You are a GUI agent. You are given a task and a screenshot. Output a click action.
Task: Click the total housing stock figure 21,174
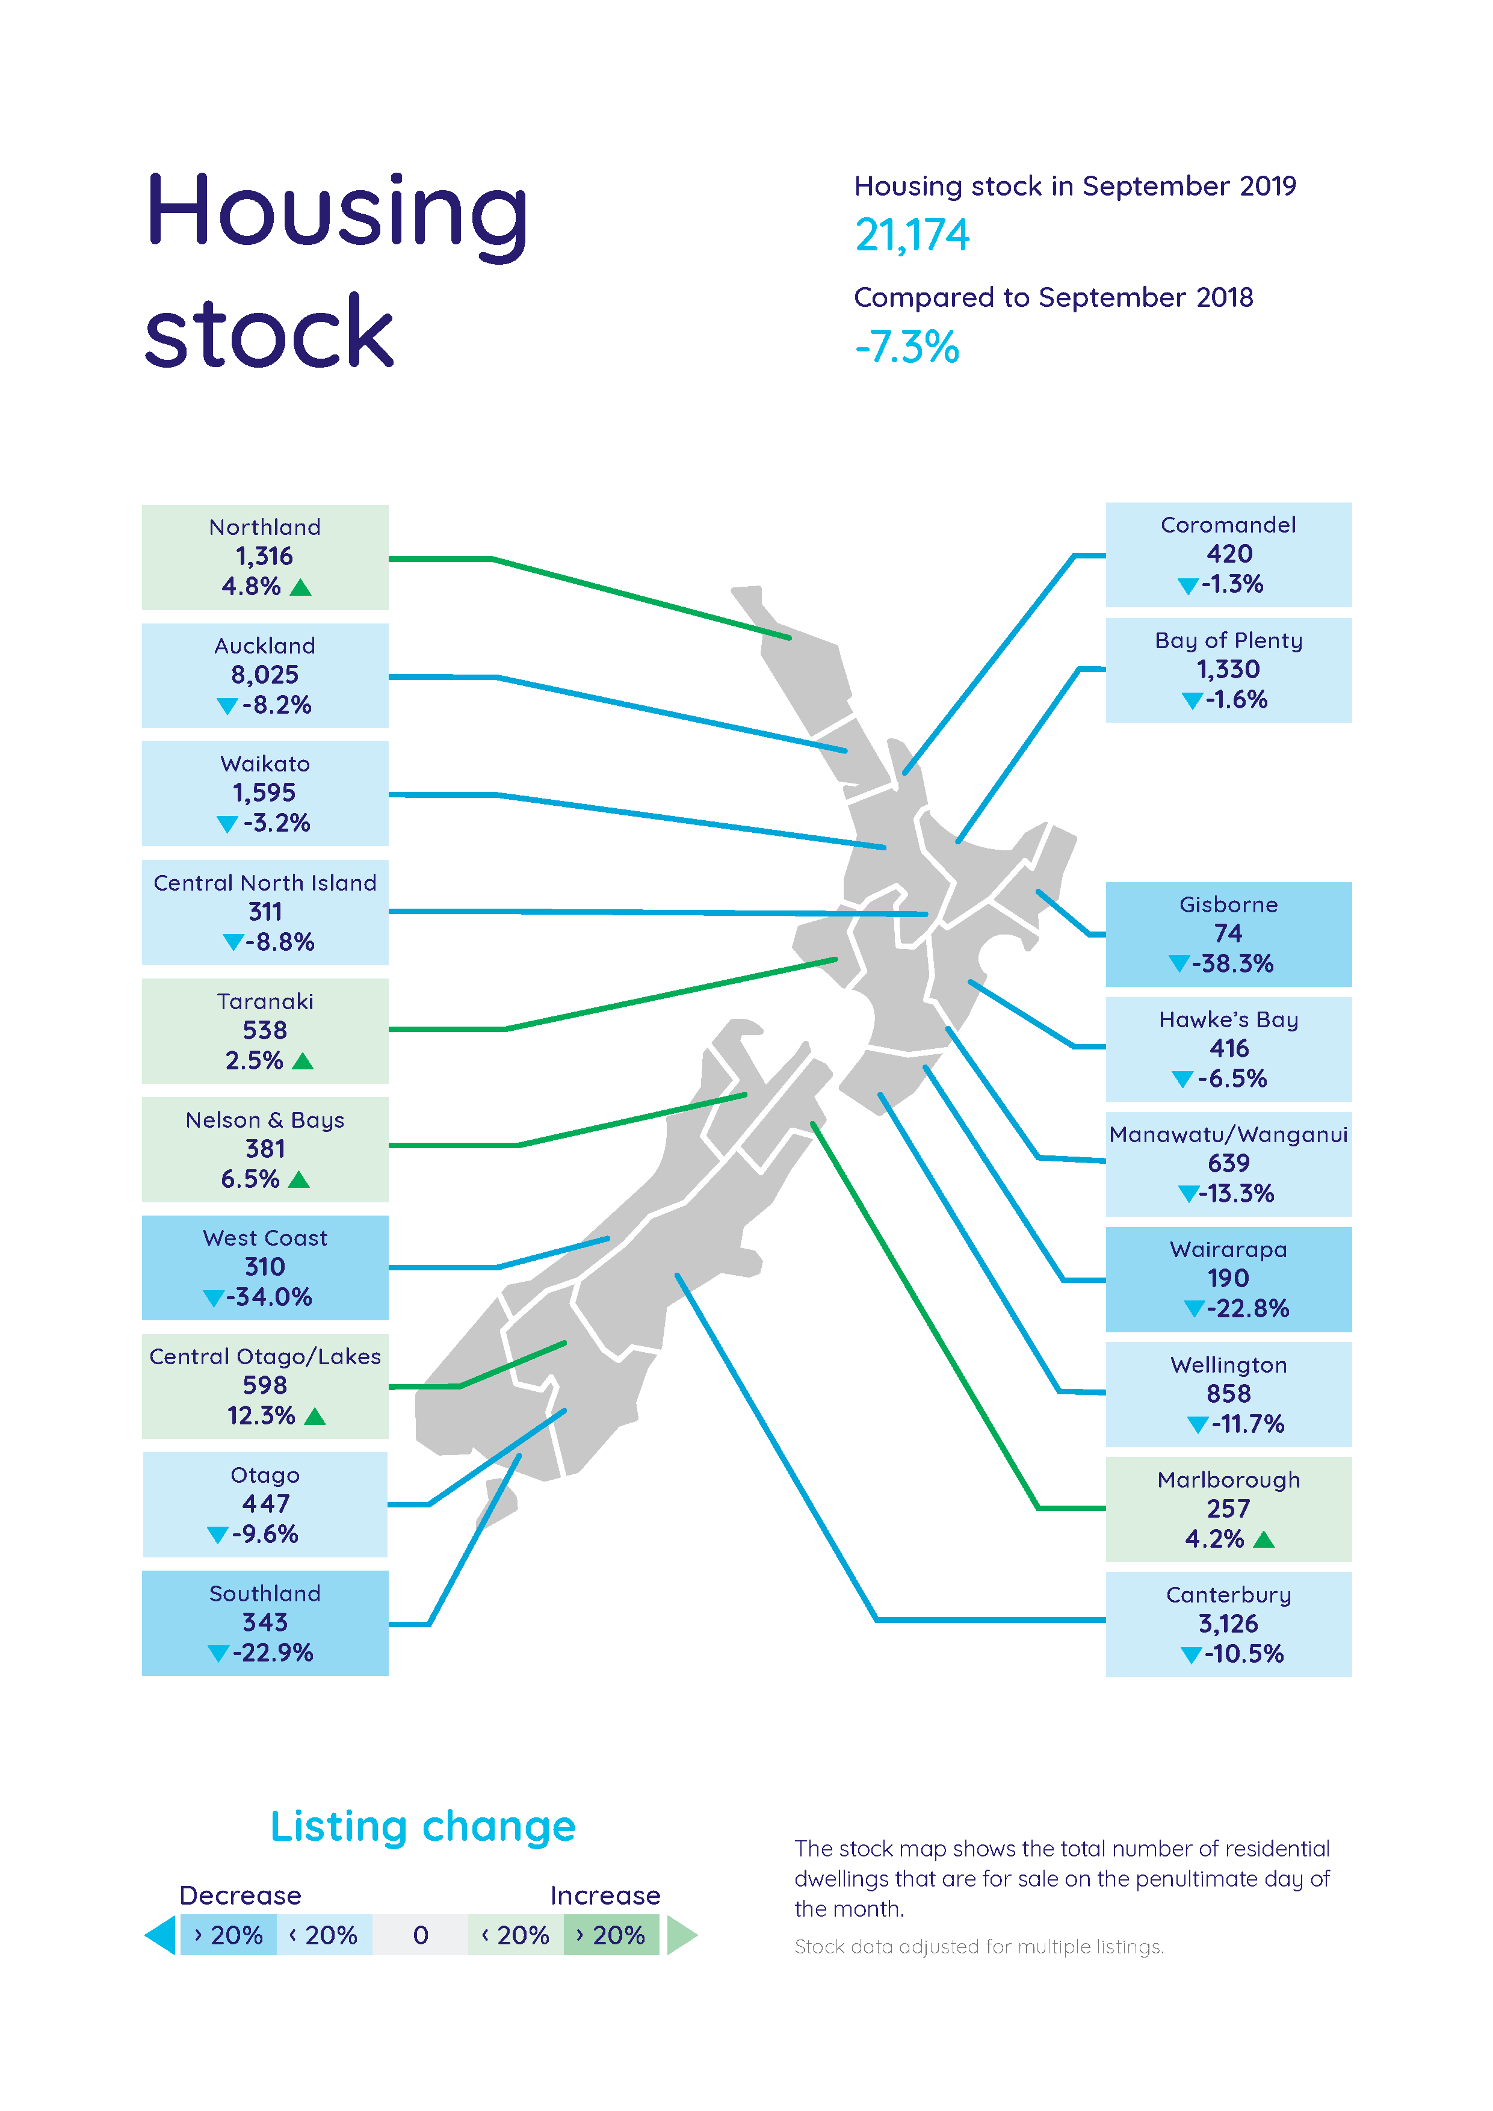911,235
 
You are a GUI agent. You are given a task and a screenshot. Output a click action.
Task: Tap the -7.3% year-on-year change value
906,348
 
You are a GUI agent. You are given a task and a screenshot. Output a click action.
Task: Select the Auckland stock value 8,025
265,675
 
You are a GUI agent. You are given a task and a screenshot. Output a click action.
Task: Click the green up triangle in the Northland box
301,587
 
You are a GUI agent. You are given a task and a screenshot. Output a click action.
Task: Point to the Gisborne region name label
1228,904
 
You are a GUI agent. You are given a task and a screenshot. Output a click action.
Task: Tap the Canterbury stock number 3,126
1228,1624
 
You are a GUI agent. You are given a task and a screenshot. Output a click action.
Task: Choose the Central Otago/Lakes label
265,1357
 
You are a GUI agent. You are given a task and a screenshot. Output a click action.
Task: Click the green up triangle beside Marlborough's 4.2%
1264,1539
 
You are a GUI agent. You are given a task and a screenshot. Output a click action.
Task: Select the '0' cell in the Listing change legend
420,1935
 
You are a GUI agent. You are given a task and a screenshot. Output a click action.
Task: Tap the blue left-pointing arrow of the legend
161,1935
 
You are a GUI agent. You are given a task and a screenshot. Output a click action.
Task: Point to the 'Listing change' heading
423,1827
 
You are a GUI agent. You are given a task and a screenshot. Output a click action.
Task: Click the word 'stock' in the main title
270,333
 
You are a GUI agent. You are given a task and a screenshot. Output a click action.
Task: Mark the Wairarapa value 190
1228,1279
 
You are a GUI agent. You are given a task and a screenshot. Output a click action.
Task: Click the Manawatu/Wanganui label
1228,1134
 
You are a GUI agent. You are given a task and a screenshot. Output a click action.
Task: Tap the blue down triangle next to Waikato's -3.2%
227,825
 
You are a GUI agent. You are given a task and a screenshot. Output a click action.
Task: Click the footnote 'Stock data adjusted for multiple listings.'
978,1947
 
